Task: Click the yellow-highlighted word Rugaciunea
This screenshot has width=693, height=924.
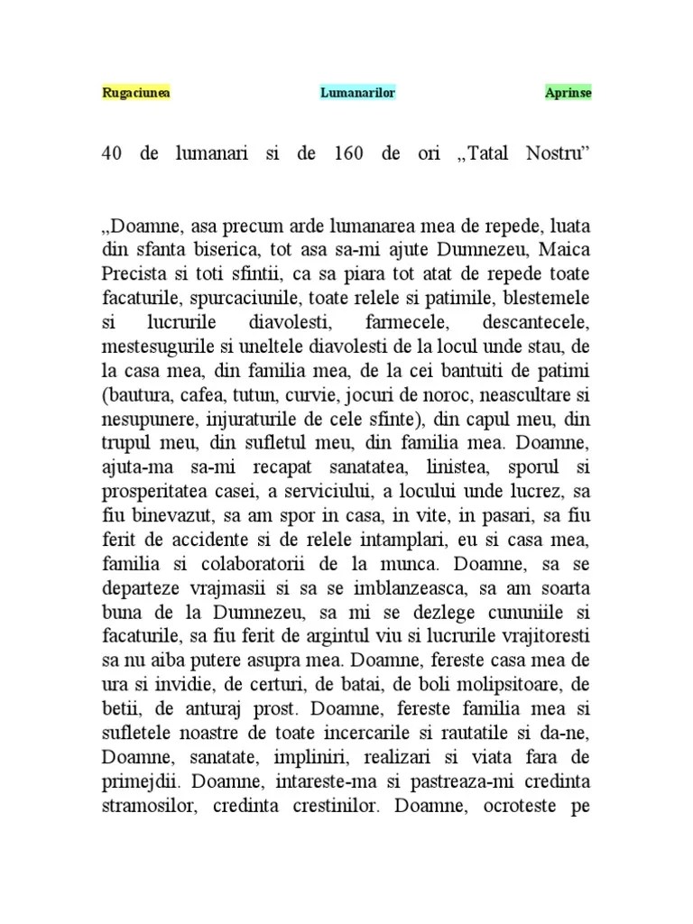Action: (136, 93)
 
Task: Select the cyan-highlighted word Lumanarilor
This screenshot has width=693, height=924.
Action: (357, 93)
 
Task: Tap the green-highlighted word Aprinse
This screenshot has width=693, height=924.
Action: (568, 93)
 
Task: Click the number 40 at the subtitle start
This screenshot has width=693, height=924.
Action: (112, 153)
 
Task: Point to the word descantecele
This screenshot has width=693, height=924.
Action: (535, 320)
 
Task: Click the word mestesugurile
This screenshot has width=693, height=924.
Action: (159, 344)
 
